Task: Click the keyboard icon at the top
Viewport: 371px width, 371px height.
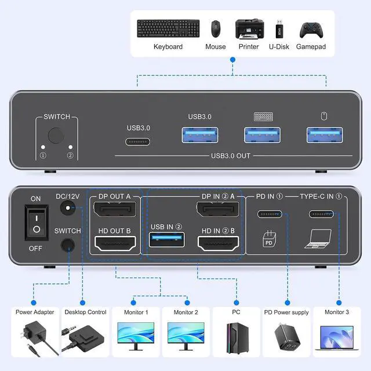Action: tap(168, 28)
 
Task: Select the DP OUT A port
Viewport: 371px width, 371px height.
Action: tap(114, 210)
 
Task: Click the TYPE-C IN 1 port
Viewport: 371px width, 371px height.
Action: tap(322, 214)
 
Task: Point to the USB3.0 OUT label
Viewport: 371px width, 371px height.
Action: tap(231, 156)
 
